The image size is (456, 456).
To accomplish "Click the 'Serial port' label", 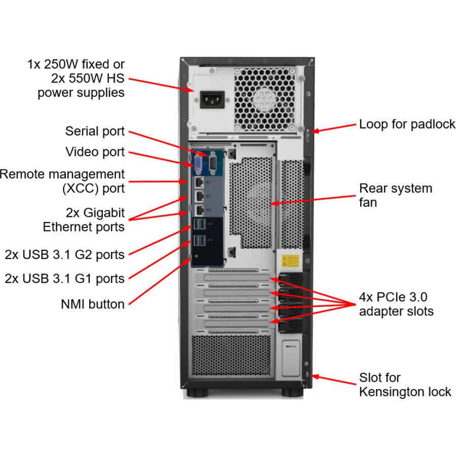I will click(95, 131).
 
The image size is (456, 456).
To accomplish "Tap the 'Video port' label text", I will click(95, 152).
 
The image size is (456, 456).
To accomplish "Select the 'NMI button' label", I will click(92, 304).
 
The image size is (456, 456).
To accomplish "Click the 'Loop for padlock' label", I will click(407, 124).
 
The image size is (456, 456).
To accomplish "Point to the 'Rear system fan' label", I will click(395, 195).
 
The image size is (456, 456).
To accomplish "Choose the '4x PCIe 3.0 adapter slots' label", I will click(396, 304).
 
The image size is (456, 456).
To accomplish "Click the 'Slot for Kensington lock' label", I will click(404, 385).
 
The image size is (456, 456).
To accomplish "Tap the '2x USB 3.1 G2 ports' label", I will click(64, 254).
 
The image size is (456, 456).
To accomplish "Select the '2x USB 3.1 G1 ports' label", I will click(64, 278).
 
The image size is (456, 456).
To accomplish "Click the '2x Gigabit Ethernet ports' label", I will click(84, 219).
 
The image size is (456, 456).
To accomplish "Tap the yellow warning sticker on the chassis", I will click(290, 261).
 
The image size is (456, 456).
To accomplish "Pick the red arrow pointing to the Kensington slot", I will click(334, 379).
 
